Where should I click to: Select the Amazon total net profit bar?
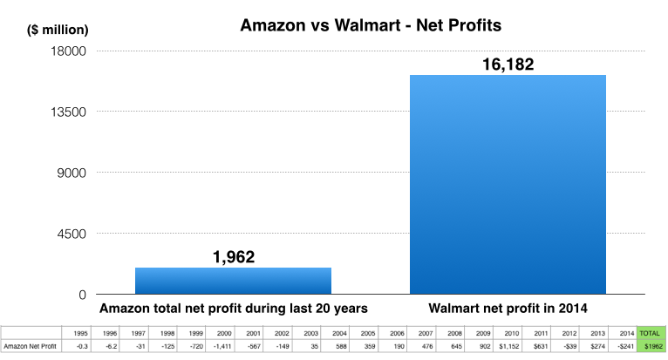(x=233, y=280)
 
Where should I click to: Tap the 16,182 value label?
(x=508, y=65)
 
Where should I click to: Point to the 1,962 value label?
(x=233, y=256)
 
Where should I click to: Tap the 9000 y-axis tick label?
(x=66, y=173)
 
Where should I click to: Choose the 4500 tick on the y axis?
(x=66, y=234)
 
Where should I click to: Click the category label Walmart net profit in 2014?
(x=508, y=309)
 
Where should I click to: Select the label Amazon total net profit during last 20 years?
(x=233, y=309)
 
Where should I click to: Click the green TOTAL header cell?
(x=650, y=333)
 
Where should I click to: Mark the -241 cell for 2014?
(x=625, y=347)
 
